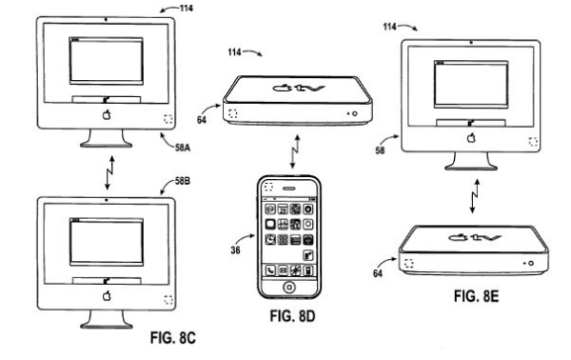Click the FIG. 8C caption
coord(173,338)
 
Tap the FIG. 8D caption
coord(292,316)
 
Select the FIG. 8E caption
coord(477,296)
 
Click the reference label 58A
coord(183,148)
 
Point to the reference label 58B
coord(183,181)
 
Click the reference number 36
coord(235,250)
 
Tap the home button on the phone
coord(289,287)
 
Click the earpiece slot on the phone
coord(289,189)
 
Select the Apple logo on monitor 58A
coord(107,115)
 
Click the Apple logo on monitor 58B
coord(107,295)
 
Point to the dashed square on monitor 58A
coord(168,119)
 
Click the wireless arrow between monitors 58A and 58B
coord(109,173)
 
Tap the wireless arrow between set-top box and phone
coord(295,152)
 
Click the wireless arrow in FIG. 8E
coord(475,196)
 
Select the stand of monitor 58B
coord(107,320)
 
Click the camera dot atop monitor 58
coord(471,43)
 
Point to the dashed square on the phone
coord(268,187)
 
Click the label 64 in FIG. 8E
coord(378,273)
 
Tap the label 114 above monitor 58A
coord(187,8)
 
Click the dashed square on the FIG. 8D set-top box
coord(233,113)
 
